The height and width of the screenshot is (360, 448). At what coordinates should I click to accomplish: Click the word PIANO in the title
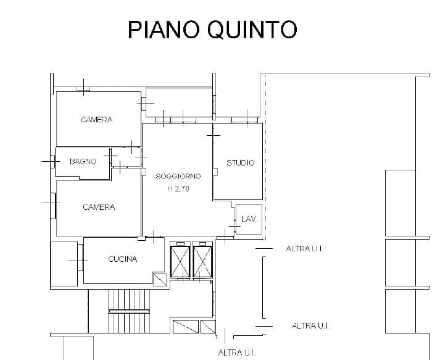163,29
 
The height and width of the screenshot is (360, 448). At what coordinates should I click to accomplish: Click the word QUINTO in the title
252,30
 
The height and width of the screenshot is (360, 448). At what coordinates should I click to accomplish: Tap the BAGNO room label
83,162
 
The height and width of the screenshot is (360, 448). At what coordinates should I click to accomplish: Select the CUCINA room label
123,259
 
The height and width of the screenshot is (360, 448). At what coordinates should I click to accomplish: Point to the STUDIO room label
240,162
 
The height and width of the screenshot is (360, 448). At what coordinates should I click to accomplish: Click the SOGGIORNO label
178,176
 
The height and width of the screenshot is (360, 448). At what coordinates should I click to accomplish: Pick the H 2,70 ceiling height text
178,189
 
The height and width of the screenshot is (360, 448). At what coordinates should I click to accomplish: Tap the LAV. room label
249,219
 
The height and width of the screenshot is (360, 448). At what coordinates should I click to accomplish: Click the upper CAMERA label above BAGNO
96,120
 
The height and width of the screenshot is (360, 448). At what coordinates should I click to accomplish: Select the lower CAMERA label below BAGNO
99,207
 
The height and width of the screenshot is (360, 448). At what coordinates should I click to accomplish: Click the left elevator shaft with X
180,262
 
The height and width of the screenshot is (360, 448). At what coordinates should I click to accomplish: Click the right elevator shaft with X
202,262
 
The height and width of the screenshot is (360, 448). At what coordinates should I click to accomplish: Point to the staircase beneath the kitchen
129,311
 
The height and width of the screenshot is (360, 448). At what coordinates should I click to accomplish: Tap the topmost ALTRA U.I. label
305,249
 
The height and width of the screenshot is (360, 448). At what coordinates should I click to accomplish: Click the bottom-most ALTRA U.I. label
237,353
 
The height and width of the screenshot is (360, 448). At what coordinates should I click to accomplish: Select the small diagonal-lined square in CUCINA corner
160,279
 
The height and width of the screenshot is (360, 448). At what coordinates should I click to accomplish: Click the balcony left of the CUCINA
64,264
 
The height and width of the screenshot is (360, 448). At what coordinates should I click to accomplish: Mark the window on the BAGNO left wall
53,162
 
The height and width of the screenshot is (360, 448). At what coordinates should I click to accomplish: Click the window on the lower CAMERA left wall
53,206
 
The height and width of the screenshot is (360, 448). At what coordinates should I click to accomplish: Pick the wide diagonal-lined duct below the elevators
186,327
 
